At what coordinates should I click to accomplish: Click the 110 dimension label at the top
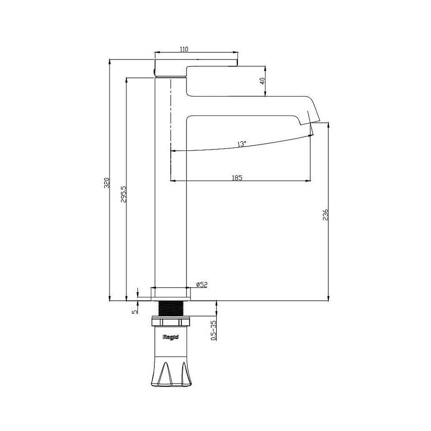(x=184, y=49)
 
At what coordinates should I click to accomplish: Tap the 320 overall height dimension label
(x=107, y=183)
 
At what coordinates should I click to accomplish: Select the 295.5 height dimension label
(x=124, y=194)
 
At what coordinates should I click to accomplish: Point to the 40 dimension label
(x=262, y=81)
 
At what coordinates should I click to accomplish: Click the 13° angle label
(x=242, y=144)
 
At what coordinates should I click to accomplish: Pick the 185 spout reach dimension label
(x=237, y=178)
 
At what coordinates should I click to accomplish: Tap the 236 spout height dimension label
(x=325, y=215)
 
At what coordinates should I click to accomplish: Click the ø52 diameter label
(x=202, y=285)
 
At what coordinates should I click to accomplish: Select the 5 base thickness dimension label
(x=134, y=312)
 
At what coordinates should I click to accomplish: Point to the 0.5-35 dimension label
(x=213, y=331)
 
